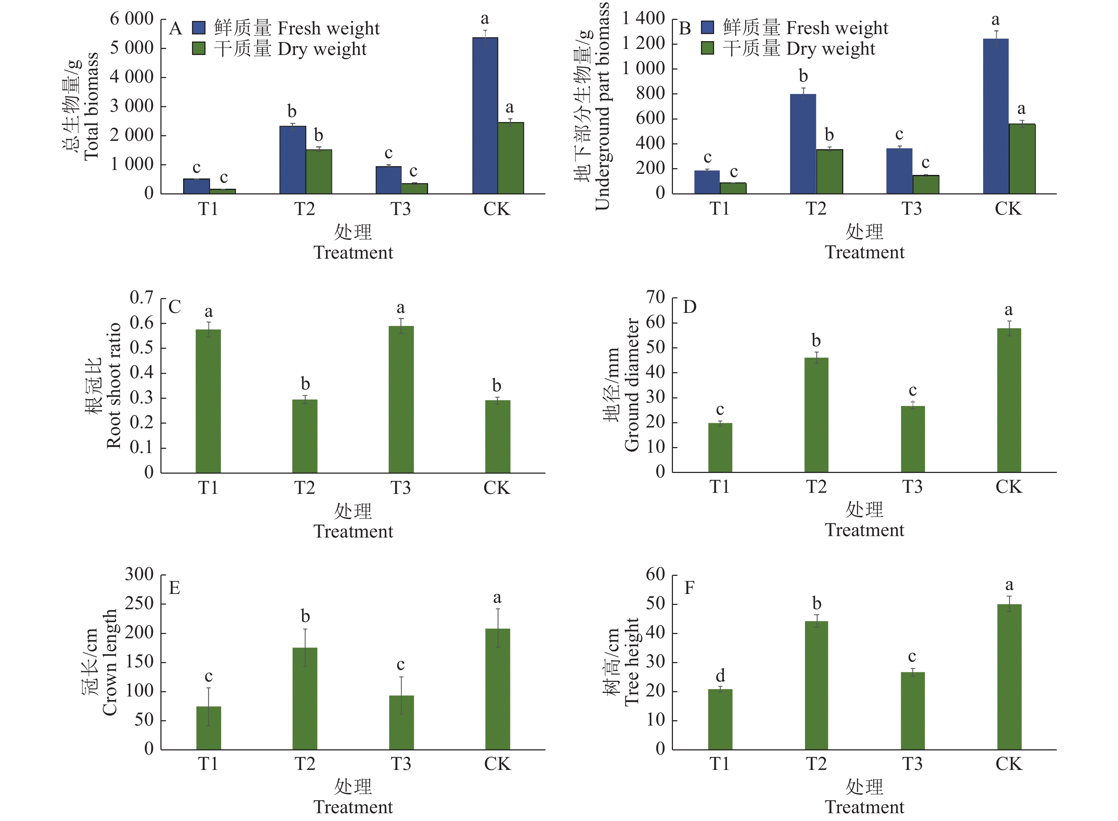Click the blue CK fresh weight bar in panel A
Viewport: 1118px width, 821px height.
pos(485,115)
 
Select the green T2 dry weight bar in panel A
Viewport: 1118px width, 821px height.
pos(319,171)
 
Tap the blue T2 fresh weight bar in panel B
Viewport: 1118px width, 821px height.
pos(803,144)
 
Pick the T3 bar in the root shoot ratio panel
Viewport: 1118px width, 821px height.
pos(401,399)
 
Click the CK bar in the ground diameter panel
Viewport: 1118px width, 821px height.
pos(1009,400)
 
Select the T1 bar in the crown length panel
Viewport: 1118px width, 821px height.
pos(209,728)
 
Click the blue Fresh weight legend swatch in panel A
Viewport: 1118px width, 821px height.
pos(199,28)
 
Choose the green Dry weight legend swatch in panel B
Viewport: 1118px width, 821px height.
pos(707,48)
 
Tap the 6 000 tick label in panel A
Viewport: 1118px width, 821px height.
pos(132,19)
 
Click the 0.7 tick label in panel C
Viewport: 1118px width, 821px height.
pos(141,298)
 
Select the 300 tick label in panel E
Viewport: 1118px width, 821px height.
pos(139,574)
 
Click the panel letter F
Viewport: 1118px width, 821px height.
pos(689,588)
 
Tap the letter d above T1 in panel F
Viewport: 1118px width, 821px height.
pos(720,676)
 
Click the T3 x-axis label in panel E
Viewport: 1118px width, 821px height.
pos(401,764)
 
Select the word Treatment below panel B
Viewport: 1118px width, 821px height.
pos(865,253)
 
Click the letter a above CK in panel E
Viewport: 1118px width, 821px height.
pos(497,597)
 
